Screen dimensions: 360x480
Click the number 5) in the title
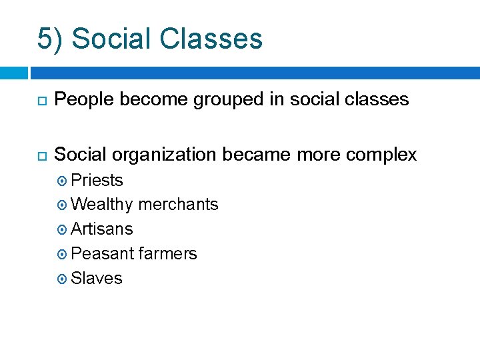(x=51, y=39)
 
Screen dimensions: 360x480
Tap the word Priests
(x=97, y=181)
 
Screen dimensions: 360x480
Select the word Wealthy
(x=101, y=205)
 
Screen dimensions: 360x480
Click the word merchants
(x=178, y=205)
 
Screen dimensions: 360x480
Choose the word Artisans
(x=101, y=229)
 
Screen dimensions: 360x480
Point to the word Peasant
(x=101, y=254)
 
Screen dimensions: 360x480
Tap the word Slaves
(x=97, y=279)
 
